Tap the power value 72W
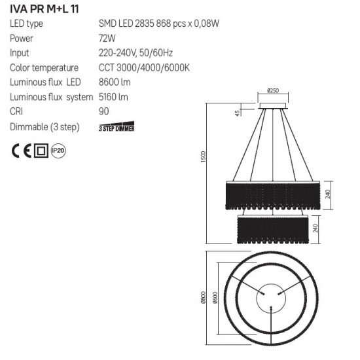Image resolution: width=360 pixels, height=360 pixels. click(107, 39)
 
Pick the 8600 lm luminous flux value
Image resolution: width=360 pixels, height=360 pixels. click(113, 82)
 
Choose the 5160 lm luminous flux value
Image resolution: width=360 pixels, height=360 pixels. click(113, 97)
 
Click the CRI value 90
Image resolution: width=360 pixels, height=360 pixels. click(103, 111)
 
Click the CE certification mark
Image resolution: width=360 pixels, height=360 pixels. click(22, 151)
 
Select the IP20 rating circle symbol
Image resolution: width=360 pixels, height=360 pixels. click(58, 151)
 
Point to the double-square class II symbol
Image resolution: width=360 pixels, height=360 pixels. click(41, 151)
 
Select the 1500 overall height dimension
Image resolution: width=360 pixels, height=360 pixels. click(204, 158)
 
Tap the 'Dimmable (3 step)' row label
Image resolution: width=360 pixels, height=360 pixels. click(42, 126)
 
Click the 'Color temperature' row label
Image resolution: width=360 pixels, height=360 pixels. click(43, 67)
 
